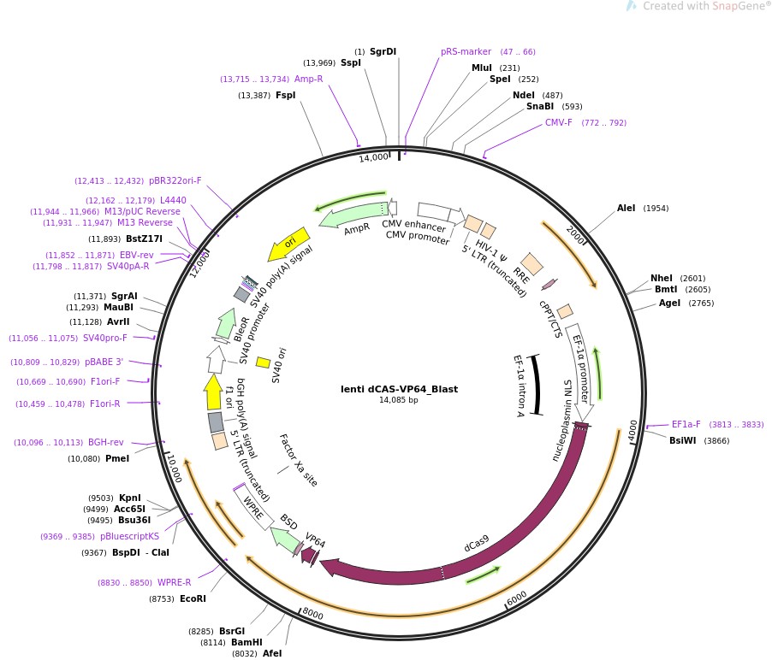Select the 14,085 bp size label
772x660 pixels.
click(x=399, y=400)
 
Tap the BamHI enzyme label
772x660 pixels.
click(x=246, y=642)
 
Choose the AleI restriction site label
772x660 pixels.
click(x=627, y=208)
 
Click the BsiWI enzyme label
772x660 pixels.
click(x=683, y=440)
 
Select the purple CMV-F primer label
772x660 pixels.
click(x=559, y=122)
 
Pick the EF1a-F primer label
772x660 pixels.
click(x=686, y=424)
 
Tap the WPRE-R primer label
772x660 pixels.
click(x=175, y=582)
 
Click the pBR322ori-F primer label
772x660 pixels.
click(x=175, y=180)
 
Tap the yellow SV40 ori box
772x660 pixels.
click(x=264, y=362)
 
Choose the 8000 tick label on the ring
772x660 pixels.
click(x=313, y=614)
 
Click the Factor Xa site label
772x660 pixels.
click(x=298, y=460)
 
